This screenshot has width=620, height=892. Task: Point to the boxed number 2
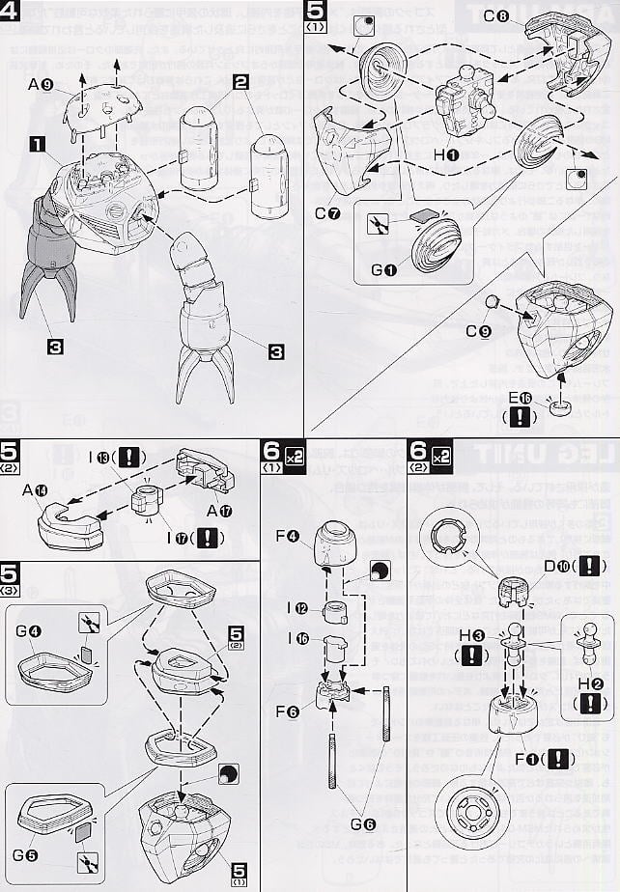click(x=240, y=82)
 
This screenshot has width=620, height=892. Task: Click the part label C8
click(x=496, y=16)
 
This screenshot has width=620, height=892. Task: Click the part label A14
click(x=36, y=490)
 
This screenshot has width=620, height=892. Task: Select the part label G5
click(x=25, y=854)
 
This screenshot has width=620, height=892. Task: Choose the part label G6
click(x=362, y=823)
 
